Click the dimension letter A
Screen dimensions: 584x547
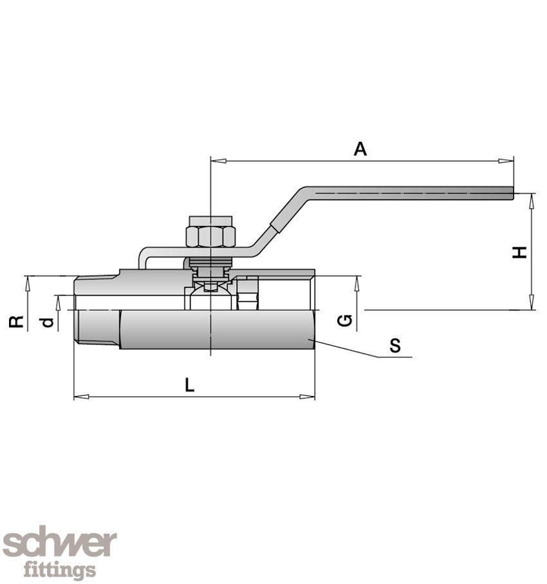tap(360, 149)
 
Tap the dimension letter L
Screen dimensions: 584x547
tap(189, 385)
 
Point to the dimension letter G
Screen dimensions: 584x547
tap(346, 320)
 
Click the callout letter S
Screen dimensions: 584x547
tap(394, 346)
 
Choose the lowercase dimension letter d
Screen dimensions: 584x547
tap(47, 321)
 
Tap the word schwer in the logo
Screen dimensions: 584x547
tap(59, 545)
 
